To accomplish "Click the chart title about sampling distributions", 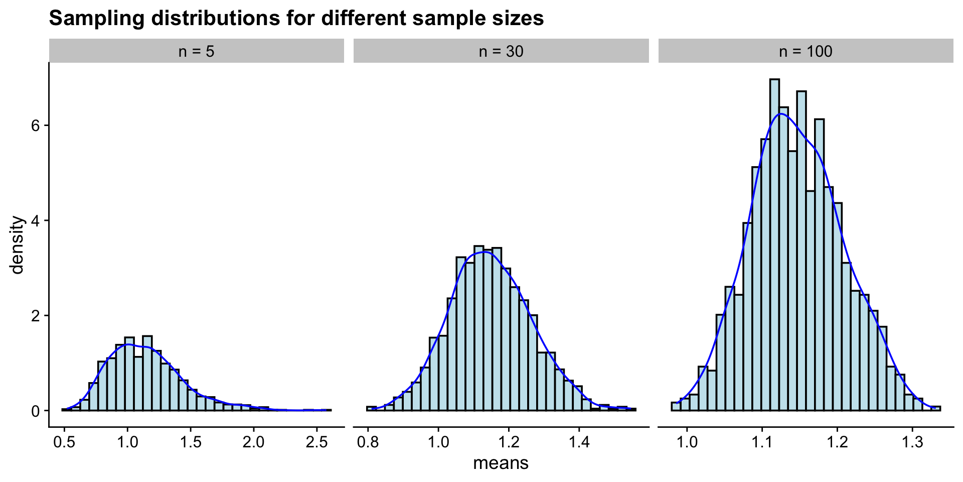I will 296,19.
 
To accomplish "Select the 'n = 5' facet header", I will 197,51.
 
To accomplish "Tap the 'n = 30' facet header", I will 501,51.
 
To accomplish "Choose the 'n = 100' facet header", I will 806,51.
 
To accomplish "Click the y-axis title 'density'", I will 18,245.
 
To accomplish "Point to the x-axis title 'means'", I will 501,463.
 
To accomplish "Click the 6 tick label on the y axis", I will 35,126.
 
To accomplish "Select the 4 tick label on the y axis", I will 35,220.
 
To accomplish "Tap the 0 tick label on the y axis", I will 35,411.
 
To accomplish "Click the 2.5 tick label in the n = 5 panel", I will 316,442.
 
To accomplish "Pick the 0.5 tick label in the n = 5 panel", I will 64,442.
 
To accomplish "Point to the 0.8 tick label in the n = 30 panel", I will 368,442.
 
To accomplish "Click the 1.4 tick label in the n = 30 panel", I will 579,442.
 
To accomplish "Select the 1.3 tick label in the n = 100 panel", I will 912,442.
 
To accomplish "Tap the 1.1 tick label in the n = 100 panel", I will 762,442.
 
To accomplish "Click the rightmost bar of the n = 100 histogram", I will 935,409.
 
